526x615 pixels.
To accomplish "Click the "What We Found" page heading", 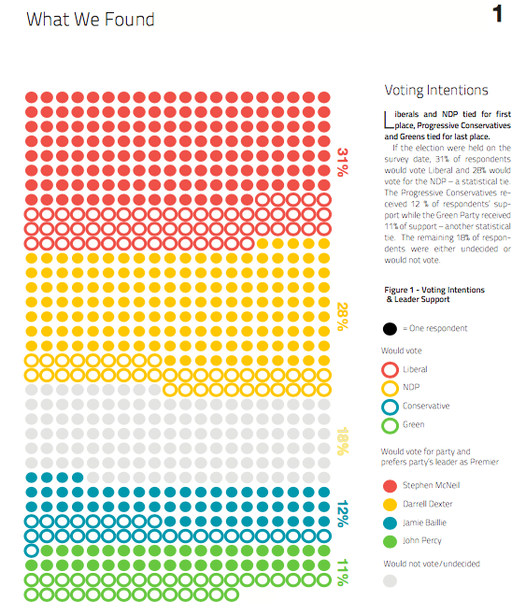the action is tap(90, 20).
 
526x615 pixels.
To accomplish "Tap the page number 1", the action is tap(497, 14).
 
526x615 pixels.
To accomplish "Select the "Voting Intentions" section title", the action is tap(436, 91).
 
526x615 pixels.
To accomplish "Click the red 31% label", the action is tap(343, 162).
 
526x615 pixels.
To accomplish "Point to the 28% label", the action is tap(343, 317).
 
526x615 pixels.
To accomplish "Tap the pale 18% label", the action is tap(343, 441).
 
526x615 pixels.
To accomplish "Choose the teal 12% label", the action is tap(343, 513).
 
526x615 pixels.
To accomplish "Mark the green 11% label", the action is tap(343, 572).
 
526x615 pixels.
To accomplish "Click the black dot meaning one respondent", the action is tap(390, 329).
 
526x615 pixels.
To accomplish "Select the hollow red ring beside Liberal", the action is tap(382, 369).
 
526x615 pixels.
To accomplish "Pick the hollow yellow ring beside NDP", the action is tap(382, 388).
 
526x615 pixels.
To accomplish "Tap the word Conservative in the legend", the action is tap(426, 406).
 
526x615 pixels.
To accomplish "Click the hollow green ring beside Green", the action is tap(382, 425).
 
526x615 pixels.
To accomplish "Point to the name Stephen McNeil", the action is tap(431, 485).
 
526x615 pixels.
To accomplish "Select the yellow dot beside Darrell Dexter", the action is tap(390, 505).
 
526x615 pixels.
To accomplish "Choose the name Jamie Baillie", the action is tap(424, 522).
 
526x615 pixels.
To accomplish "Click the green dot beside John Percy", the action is tap(390, 542).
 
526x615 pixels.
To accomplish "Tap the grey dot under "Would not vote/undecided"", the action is tap(390, 580).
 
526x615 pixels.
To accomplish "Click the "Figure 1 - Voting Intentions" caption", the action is tap(434, 290).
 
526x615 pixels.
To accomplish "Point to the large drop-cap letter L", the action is tap(389, 120).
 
